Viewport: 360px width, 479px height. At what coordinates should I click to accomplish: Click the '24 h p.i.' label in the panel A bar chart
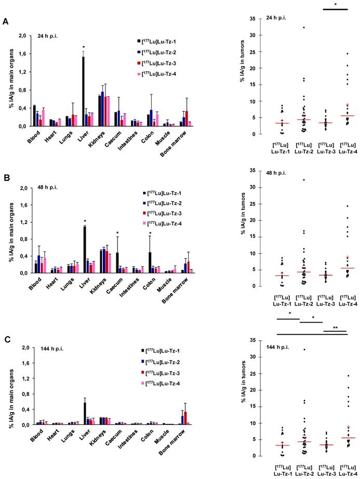pyautogui.click(x=48, y=36)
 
